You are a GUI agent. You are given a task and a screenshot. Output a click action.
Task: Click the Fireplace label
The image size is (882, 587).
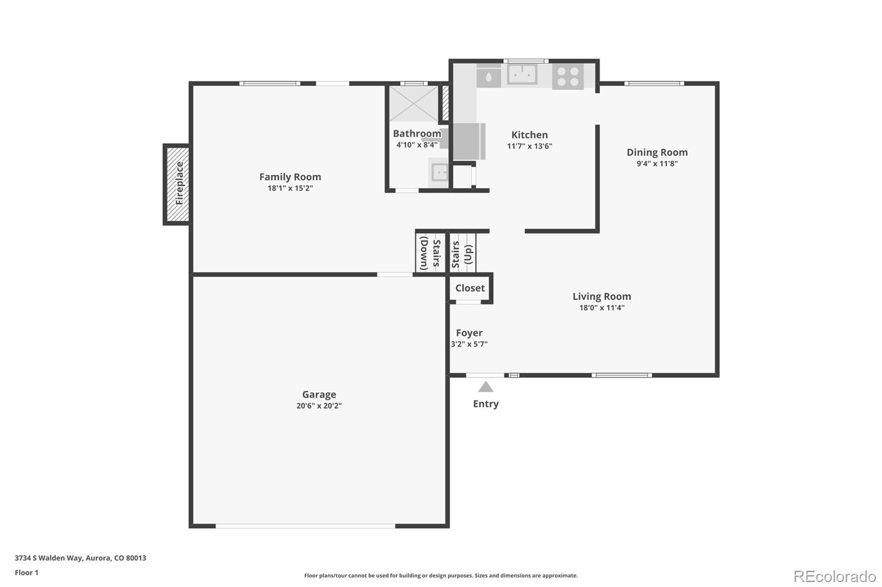[x=179, y=183]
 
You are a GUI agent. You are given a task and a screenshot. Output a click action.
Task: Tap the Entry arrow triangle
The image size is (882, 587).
[x=486, y=387]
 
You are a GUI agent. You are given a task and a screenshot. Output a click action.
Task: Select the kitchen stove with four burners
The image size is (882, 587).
[x=568, y=77]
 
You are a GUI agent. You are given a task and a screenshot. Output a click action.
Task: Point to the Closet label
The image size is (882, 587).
[x=470, y=288]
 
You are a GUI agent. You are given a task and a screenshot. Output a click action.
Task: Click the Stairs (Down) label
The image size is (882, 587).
[x=430, y=253]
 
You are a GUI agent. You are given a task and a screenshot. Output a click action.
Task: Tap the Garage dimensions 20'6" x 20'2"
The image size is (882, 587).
[x=319, y=406]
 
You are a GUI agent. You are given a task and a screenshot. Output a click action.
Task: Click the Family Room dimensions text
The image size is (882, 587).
[x=290, y=188]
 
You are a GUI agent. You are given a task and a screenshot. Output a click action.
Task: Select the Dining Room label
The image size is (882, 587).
[x=657, y=153]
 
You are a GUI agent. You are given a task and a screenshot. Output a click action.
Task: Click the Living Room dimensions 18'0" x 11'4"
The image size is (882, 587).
[x=601, y=308]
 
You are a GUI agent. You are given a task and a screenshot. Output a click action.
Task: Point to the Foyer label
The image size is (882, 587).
[x=469, y=333]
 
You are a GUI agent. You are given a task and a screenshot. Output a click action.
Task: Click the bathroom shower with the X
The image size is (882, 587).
[x=414, y=104]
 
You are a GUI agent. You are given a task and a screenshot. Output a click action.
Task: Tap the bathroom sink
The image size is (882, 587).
[x=439, y=172]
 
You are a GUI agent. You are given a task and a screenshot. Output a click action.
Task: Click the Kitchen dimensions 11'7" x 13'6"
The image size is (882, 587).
[x=530, y=146]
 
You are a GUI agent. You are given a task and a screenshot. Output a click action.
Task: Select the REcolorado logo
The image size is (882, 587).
[x=835, y=577]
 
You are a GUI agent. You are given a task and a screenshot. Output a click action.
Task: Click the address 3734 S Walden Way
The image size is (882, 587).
[x=49, y=558]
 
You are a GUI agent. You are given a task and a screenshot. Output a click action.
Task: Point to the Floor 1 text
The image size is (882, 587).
[x=26, y=573]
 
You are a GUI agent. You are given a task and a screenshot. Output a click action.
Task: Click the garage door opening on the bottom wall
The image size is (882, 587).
[x=305, y=526]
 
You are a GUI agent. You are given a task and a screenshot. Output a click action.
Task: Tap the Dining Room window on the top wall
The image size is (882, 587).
[x=654, y=83]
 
